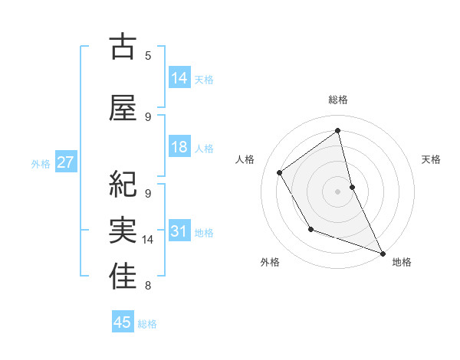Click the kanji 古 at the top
[x=123, y=47]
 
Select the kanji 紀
[x=123, y=183]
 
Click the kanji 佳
[x=123, y=277]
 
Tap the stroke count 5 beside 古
[x=148, y=55]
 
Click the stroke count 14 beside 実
[x=148, y=240]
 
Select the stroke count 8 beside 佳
[x=148, y=286]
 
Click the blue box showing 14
[x=179, y=77]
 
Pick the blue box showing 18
[x=179, y=147]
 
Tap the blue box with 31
[x=179, y=231]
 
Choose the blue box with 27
[x=65, y=162]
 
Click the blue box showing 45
[x=123, y=322]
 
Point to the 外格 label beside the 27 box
[x=41, y=163]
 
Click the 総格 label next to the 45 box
[x=147, y=324]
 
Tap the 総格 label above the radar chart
[x=338, y=100]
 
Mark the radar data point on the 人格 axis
[x=280, y=173]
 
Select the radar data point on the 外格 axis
[x=310, y=229]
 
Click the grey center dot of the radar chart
[x=338, y=191]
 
